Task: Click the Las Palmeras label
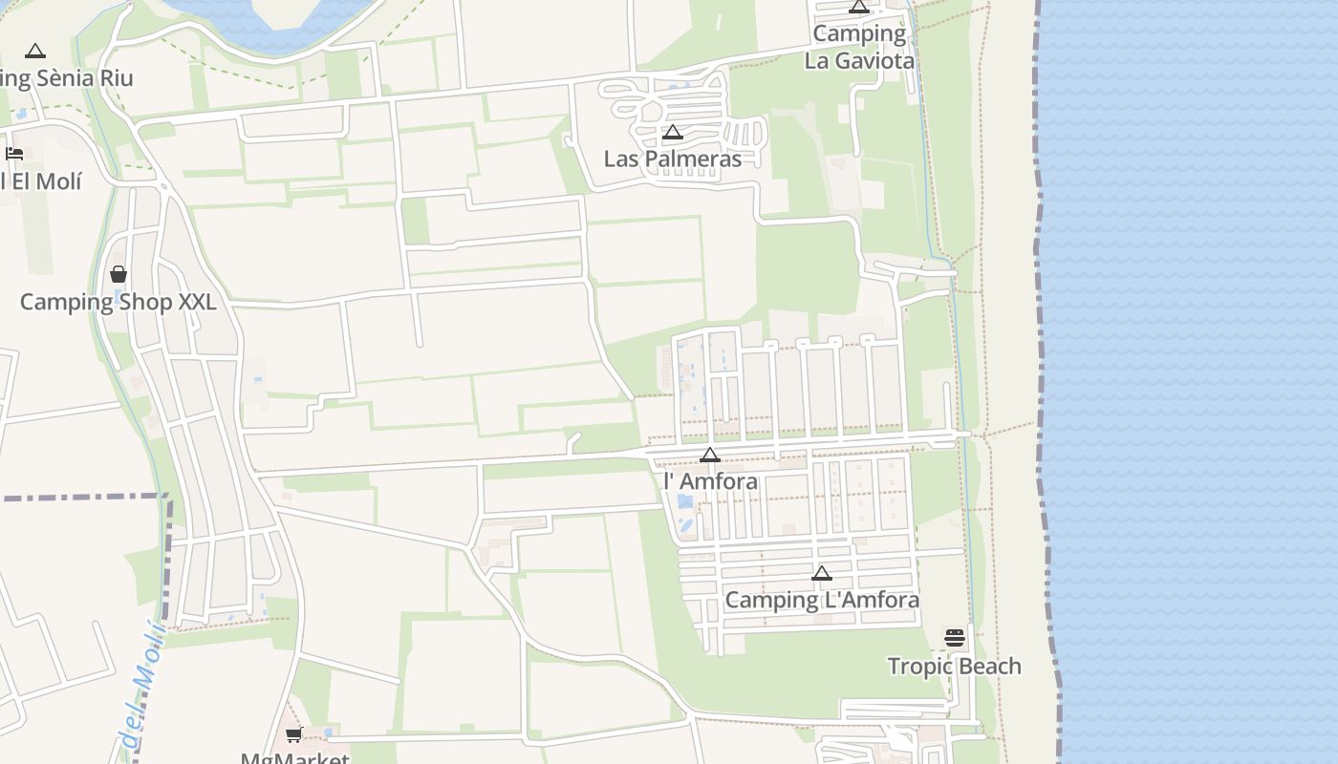pos(672,159)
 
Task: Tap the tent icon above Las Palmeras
pos(672,133)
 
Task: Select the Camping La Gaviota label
pos(859,47)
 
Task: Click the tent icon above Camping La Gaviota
pos(859,8)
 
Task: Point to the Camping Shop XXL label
pos(118,303)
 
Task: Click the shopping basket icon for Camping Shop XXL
pos(119,275)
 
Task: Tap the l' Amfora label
pos(710,481)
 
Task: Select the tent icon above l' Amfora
pos(710,456)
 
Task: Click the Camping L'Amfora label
pos(822,600)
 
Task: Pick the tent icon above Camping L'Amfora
pos(822,574)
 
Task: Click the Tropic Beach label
pos(954,666)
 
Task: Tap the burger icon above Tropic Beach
pos(955,638)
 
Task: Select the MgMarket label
pos(294,758)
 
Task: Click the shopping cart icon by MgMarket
pos(293,735)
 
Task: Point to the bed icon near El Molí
pos(14,154)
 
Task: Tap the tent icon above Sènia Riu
pos(35,52)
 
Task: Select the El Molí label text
pos(42,180)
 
